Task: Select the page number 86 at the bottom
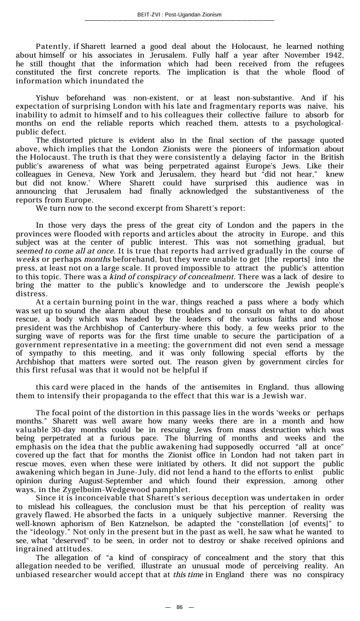coord(179,607)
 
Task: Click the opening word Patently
coord(53,47)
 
